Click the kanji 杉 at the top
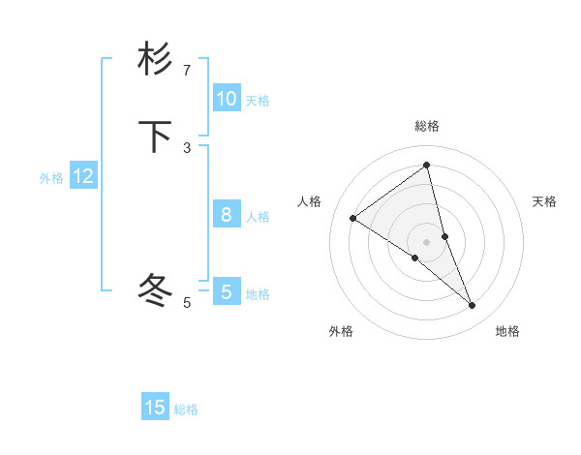155,59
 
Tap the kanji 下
155,136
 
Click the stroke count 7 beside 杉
187,71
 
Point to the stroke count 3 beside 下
187,148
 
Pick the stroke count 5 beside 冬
187,303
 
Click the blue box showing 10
226,99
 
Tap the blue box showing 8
226,215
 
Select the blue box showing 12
83,176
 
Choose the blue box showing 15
155,408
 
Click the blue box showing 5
226,292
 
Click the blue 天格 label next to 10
258,101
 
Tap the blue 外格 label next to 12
51,178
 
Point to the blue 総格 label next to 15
186,409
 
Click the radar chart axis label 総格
427,126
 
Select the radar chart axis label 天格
545,201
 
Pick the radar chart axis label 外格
341,331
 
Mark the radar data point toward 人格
352,218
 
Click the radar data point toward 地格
473,306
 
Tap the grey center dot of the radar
427,241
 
